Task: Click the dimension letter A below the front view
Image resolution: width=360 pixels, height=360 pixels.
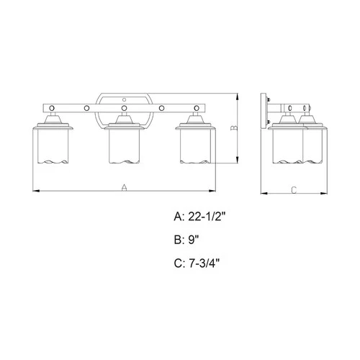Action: coord(124,187)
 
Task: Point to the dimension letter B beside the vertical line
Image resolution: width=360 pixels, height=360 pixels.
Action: coord(233,128)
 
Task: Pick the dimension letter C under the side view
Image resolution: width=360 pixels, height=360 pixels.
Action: coord(293,190)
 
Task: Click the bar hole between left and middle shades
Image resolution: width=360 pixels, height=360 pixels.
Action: coord(86,108)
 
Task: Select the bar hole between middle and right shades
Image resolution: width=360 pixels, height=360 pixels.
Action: coord(162,108)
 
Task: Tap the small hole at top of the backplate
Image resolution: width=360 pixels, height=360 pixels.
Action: coord(124,97)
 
